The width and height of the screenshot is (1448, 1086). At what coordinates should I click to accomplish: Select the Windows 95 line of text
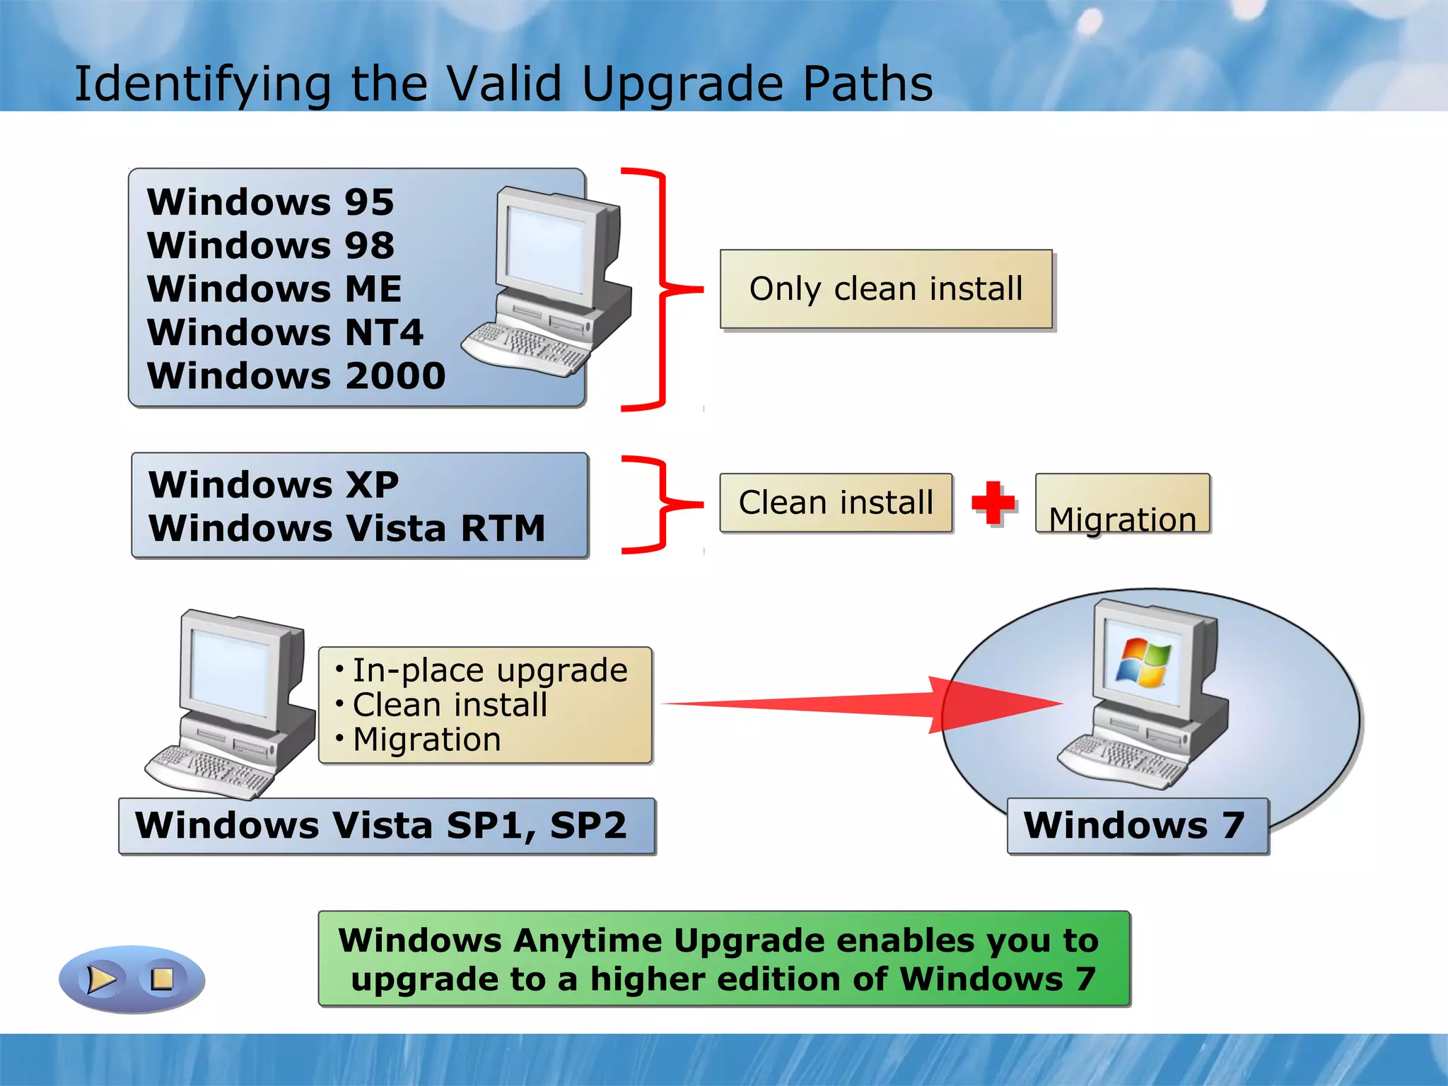(270, 202)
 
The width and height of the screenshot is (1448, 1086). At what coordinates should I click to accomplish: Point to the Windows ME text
(274, 289)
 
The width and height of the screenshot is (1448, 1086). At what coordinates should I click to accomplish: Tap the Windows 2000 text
(296, 375)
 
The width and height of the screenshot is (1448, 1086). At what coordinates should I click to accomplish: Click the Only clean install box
(886, 289)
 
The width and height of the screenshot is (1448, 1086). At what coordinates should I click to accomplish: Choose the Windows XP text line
(273, 485)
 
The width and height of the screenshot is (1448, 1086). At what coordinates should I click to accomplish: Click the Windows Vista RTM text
(346, 528)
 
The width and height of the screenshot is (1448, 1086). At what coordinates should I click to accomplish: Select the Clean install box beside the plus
(836, 503)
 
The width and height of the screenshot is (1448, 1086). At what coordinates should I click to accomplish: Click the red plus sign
(993, 503)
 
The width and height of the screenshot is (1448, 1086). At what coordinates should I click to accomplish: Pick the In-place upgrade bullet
(489, 670)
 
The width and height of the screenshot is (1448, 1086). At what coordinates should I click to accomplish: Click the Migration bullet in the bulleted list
(426, 740)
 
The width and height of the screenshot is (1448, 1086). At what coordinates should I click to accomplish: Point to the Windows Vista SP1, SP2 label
(381, 825)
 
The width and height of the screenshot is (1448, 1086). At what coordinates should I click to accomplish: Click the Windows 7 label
(1135, 825)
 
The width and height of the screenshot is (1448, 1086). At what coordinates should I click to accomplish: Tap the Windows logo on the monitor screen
(1141, 662)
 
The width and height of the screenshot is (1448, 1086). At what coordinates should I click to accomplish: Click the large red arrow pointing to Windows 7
(919, 703)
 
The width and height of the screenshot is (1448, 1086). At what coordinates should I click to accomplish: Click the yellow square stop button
(162, 979)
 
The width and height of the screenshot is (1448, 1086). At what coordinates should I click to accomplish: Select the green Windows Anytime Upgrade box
(723, 959)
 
